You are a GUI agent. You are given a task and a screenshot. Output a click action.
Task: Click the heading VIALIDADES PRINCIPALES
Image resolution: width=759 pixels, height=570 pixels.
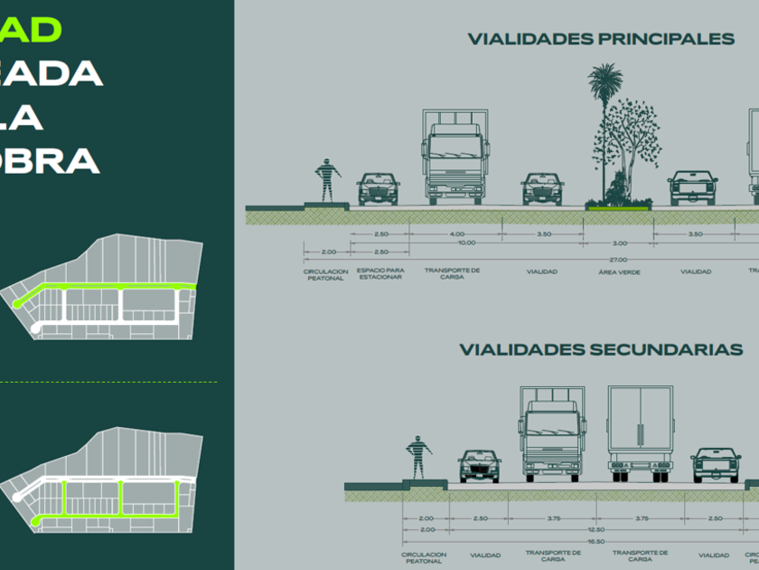point(601,39)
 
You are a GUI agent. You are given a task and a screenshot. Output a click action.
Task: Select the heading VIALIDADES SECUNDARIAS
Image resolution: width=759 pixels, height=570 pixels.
point(601,349)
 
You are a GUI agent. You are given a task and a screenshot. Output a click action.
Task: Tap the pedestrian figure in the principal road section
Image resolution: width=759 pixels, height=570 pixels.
point(326,180)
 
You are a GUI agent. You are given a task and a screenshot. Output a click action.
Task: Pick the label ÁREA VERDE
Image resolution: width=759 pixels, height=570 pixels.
point(619,271)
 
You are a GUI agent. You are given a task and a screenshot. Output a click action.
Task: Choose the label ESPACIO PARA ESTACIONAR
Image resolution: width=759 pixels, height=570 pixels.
point(379,273)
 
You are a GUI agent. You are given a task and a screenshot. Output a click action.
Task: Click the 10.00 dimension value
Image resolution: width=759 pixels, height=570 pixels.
point(466,242)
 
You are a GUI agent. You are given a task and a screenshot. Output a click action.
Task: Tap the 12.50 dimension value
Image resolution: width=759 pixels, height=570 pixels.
point(595,529)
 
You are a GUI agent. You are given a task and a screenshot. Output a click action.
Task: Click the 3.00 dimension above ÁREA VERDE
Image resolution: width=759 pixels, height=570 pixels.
point(619,243)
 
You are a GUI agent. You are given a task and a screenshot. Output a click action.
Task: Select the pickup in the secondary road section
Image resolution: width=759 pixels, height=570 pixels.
point(716,464)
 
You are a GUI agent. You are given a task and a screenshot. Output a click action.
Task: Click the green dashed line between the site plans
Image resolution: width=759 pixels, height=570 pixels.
point(108,382)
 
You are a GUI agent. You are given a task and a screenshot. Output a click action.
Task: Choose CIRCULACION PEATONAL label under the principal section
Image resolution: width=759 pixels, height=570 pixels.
point(326,273)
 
